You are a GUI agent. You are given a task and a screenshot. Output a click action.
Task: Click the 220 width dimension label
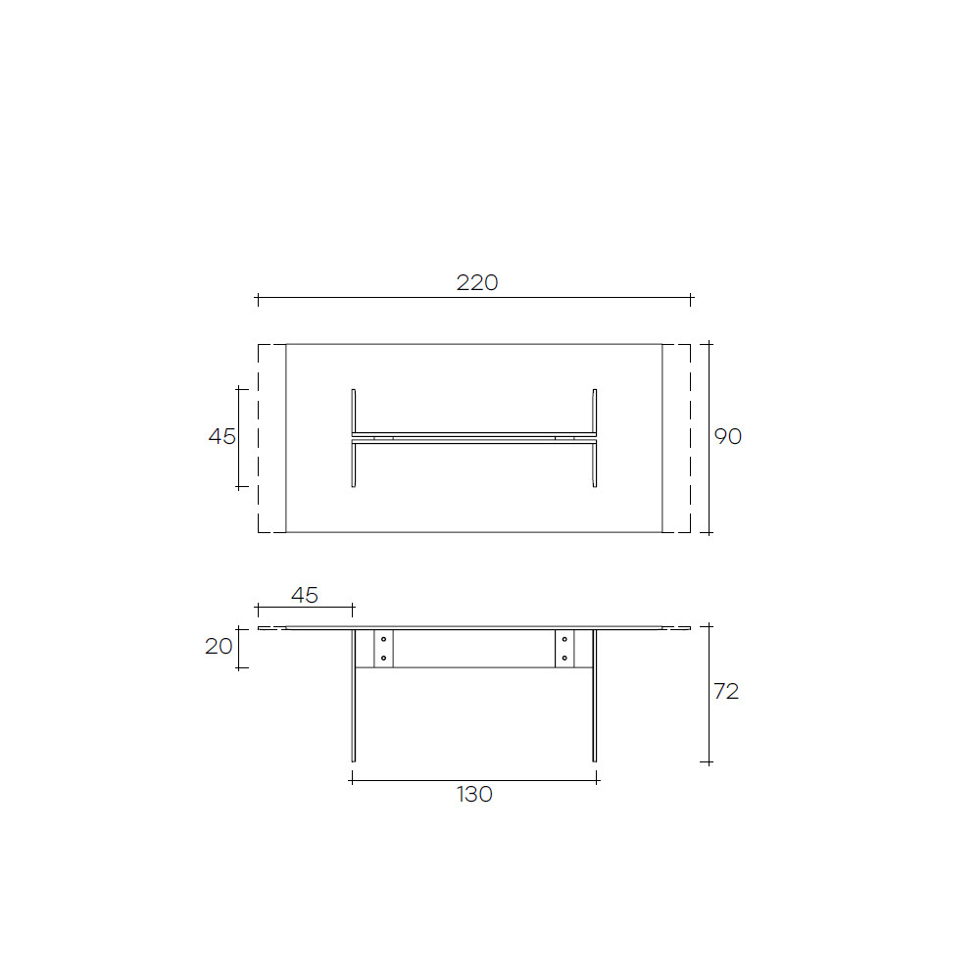coord(477,282)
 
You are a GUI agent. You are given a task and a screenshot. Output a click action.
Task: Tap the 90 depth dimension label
coord(727,436)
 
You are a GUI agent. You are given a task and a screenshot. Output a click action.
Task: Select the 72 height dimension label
coord(726,691)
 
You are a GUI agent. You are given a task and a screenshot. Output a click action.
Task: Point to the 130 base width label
coord(474,795)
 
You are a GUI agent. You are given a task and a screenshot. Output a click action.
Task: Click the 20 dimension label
coord(219,646)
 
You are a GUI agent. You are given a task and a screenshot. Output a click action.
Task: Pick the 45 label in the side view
coord(305,595)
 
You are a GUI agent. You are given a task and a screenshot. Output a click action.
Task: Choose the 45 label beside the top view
coord(221,436)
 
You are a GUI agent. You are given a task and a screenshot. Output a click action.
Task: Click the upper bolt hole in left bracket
coord(383,639)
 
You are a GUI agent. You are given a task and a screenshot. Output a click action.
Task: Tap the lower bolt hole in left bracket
coord(383,658)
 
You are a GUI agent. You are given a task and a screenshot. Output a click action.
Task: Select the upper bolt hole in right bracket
coord(564,639)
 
